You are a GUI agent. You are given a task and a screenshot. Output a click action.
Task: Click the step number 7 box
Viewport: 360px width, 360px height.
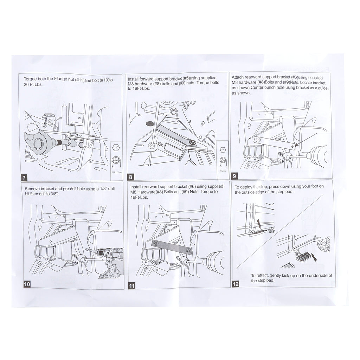(24, 178)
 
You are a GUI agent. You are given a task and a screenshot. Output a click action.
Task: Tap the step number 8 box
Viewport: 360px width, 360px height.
(130, 177)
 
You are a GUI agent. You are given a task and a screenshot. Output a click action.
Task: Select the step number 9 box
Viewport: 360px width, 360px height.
(234, 176)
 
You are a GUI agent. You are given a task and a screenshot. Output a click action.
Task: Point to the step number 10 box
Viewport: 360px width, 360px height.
(27, 284)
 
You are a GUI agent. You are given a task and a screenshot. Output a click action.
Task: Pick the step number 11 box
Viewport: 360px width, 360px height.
(132, 286)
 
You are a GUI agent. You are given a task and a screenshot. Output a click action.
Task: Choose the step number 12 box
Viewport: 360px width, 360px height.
(236, 284)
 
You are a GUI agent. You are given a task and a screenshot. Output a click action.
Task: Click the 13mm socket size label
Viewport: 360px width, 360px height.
(223, 171)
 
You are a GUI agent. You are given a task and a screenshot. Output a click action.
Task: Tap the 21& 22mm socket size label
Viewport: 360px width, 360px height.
(117, 172)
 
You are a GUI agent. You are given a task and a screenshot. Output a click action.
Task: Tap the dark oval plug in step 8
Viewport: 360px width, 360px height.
(150, 124)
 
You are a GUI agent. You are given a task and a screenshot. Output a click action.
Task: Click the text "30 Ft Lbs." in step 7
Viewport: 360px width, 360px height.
(33, 84)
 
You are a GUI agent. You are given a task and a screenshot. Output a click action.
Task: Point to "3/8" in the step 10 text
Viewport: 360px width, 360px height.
(54, 194)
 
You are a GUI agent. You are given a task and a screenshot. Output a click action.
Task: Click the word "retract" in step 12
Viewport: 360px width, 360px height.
(262, 276)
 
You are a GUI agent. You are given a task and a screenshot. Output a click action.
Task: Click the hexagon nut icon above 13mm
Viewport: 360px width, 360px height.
(222, 150)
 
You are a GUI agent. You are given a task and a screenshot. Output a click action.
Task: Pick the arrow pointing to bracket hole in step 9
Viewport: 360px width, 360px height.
(306, 139)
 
